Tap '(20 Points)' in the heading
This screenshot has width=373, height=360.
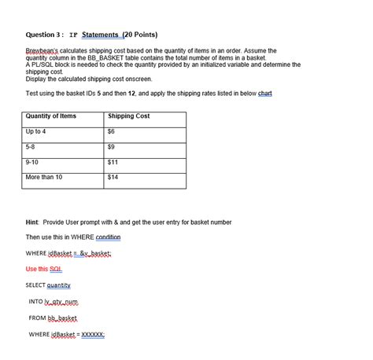tap(139, 35)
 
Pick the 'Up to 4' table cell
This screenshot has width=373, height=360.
tap(36, 131)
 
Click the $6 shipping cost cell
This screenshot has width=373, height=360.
tap(111, 131)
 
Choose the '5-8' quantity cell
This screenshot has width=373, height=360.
tap(31, 146)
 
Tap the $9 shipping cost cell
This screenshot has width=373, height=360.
tap(111, 146)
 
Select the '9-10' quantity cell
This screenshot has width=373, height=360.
tap(32, 161)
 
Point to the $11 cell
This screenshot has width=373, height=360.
tap(113, 161)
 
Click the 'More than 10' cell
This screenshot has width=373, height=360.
tap(44, 177)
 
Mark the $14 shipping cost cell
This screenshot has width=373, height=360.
tap(113, 177)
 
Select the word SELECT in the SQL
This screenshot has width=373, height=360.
tap(35, 285)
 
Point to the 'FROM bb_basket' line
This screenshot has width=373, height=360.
tap(54, 318)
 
